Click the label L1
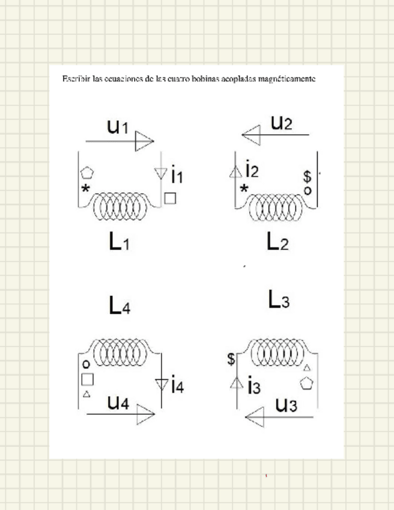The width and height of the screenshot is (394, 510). tap(119, 241)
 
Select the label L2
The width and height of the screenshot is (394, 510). tap(277, 242)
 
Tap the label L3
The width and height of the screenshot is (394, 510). tap(278, 300)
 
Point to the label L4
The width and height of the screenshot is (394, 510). tap(119, 306)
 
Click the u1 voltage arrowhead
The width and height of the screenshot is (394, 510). tap(144, 141)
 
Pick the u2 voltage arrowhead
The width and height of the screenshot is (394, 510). tap(251, 135)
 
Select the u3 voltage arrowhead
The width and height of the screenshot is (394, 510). tap(255, 416)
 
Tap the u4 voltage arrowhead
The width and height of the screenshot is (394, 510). tap(145, 414)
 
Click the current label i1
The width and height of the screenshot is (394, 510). tap(177, 176)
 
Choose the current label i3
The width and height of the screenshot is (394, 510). tap(253, 386)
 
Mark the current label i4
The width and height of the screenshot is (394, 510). tap(177, 384)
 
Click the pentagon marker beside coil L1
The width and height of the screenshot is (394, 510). tap(87, 173)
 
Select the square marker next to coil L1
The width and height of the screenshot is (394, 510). tap(171, 198)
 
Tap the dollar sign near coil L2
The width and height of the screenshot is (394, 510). tap(307, 177)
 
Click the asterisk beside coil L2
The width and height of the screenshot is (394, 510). tap(244, 189)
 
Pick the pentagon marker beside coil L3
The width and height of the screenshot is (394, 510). tap(308, 383)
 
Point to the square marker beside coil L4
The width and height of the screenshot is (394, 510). tap(87, 379)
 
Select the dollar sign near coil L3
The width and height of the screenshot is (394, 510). tap(231, 360)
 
